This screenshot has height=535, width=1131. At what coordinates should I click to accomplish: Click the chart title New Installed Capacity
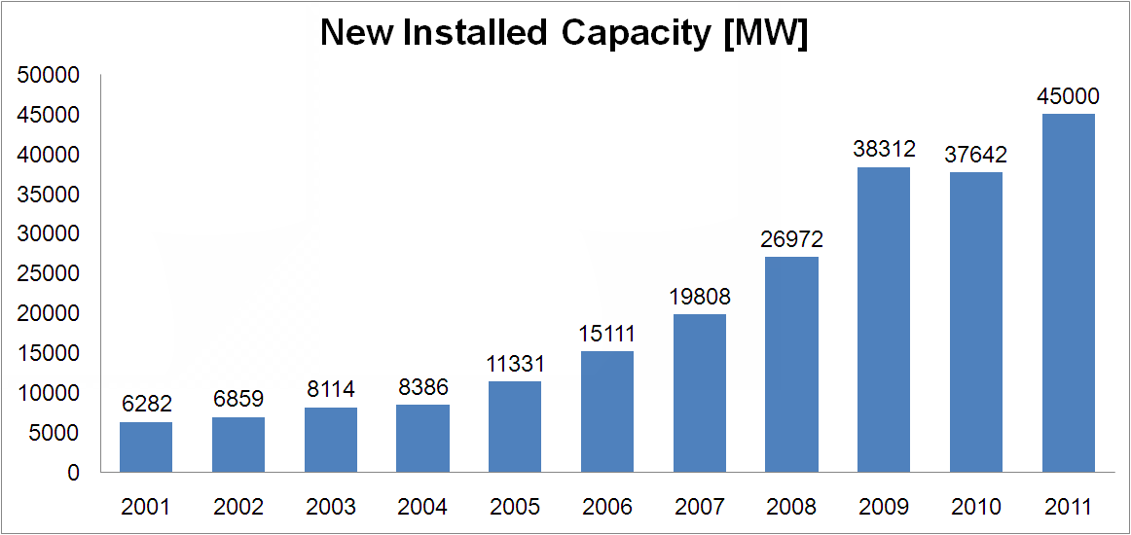click(565, 33)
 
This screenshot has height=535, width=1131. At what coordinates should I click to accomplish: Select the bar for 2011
click(1068, 293)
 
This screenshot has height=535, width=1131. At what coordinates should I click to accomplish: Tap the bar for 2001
click(146, 447)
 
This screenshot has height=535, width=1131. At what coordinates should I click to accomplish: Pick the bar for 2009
click(884, 320)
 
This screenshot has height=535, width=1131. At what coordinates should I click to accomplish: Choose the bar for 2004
click(422, 439)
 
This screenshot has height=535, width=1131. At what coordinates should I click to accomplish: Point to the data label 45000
click(1068, 96)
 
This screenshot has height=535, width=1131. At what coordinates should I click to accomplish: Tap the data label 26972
click(791, 239)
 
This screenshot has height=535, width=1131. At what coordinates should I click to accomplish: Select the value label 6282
click(146, 403)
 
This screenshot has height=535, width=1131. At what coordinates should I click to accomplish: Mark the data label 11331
click(515, 364)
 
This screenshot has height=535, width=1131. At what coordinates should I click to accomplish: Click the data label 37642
click(976, 155)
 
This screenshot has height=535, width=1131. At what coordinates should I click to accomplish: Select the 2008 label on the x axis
click(791, 507)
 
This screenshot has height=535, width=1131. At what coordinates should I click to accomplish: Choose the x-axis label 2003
click(330, 507)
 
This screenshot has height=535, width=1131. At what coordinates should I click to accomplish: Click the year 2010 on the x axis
click(976, 507)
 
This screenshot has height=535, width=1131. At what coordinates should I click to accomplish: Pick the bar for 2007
click(700, 393)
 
